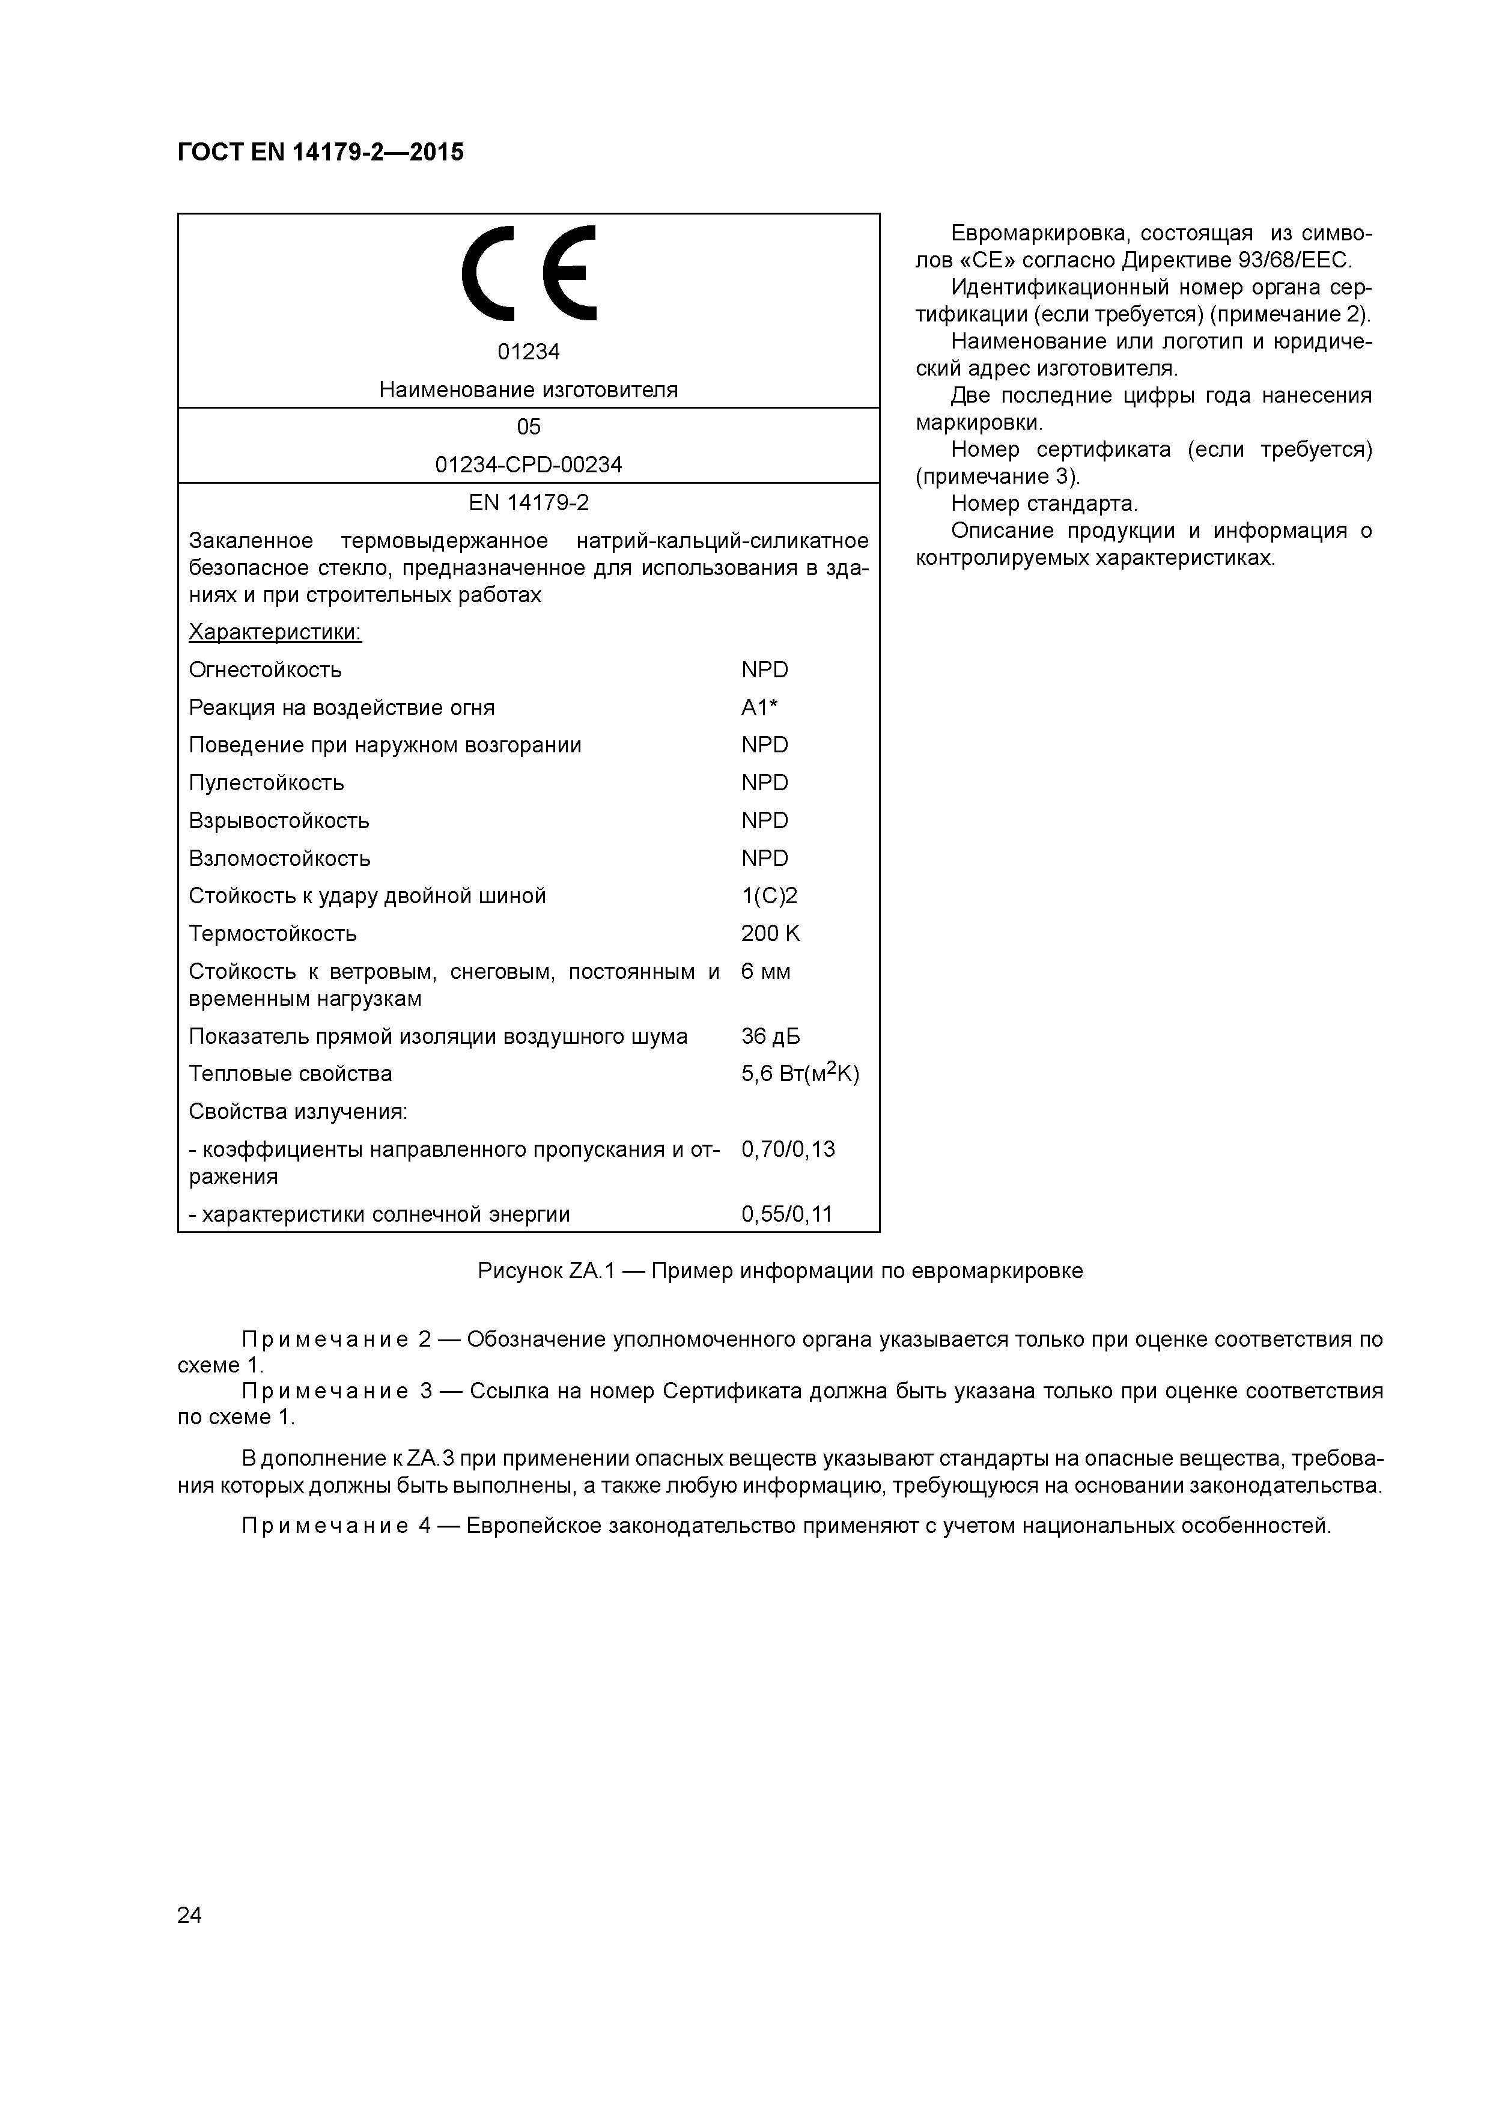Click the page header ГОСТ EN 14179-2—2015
[x=320, y=153]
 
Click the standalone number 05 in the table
[x=528, y=427]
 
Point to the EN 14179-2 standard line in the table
[x=528, y=503]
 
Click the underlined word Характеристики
[x=275, y=633]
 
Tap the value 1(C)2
[x=768, y=896]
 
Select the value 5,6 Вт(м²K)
[x=798, y=1073]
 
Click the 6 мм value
[x=765, y=971]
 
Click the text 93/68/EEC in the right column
[x=1290, y=261]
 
